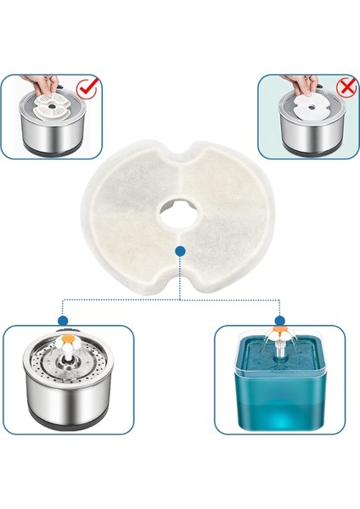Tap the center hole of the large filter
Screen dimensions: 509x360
click(180, 207)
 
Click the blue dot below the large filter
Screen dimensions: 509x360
click(179, 250)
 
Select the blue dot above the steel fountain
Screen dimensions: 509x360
click(63, 321)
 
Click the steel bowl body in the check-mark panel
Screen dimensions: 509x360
click(47, 136)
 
